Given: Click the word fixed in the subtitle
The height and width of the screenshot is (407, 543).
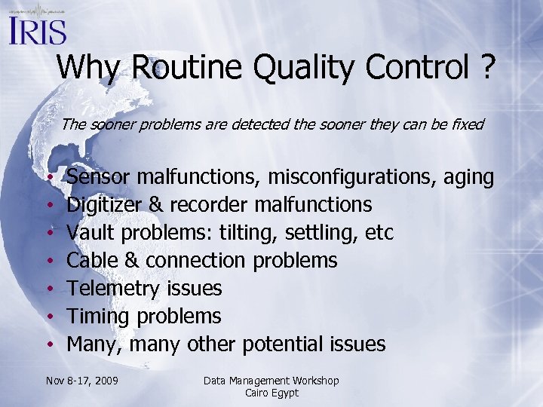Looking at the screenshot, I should point(466,124).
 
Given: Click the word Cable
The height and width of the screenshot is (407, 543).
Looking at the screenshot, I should point(89,261).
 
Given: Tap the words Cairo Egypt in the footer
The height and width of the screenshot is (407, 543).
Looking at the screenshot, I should point(271,393).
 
